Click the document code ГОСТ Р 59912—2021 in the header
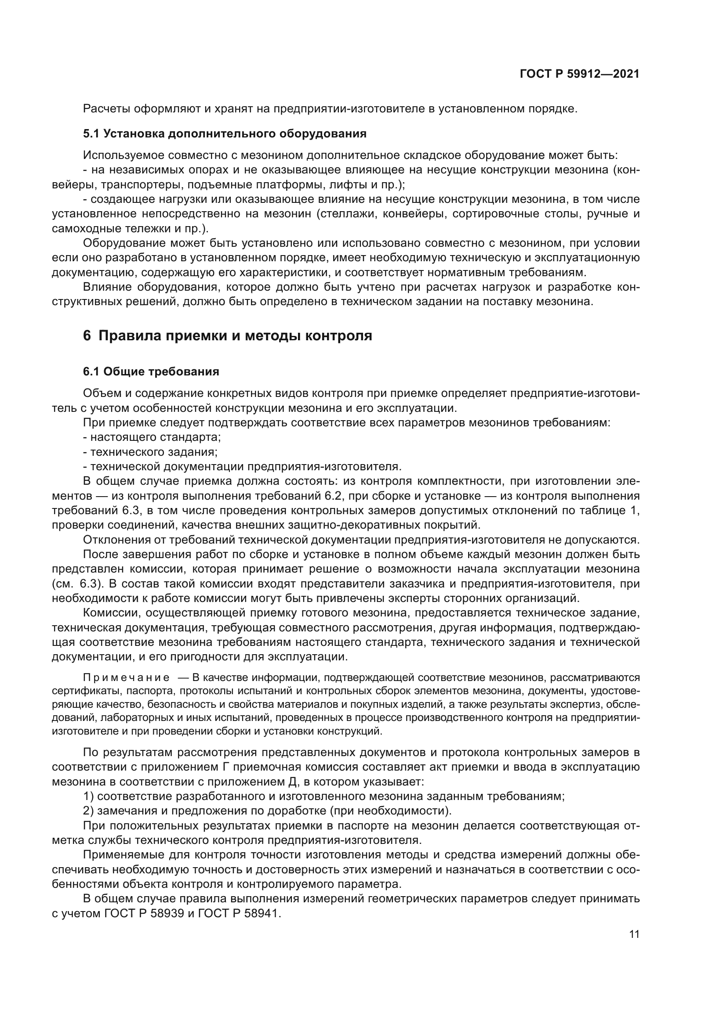pos(579,74)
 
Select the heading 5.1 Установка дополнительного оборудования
pos(225,134)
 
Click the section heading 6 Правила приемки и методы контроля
pos(227,335)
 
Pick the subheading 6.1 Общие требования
pos(151,372)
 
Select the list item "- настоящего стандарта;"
pos(152,437)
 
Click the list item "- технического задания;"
pos(150,452)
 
